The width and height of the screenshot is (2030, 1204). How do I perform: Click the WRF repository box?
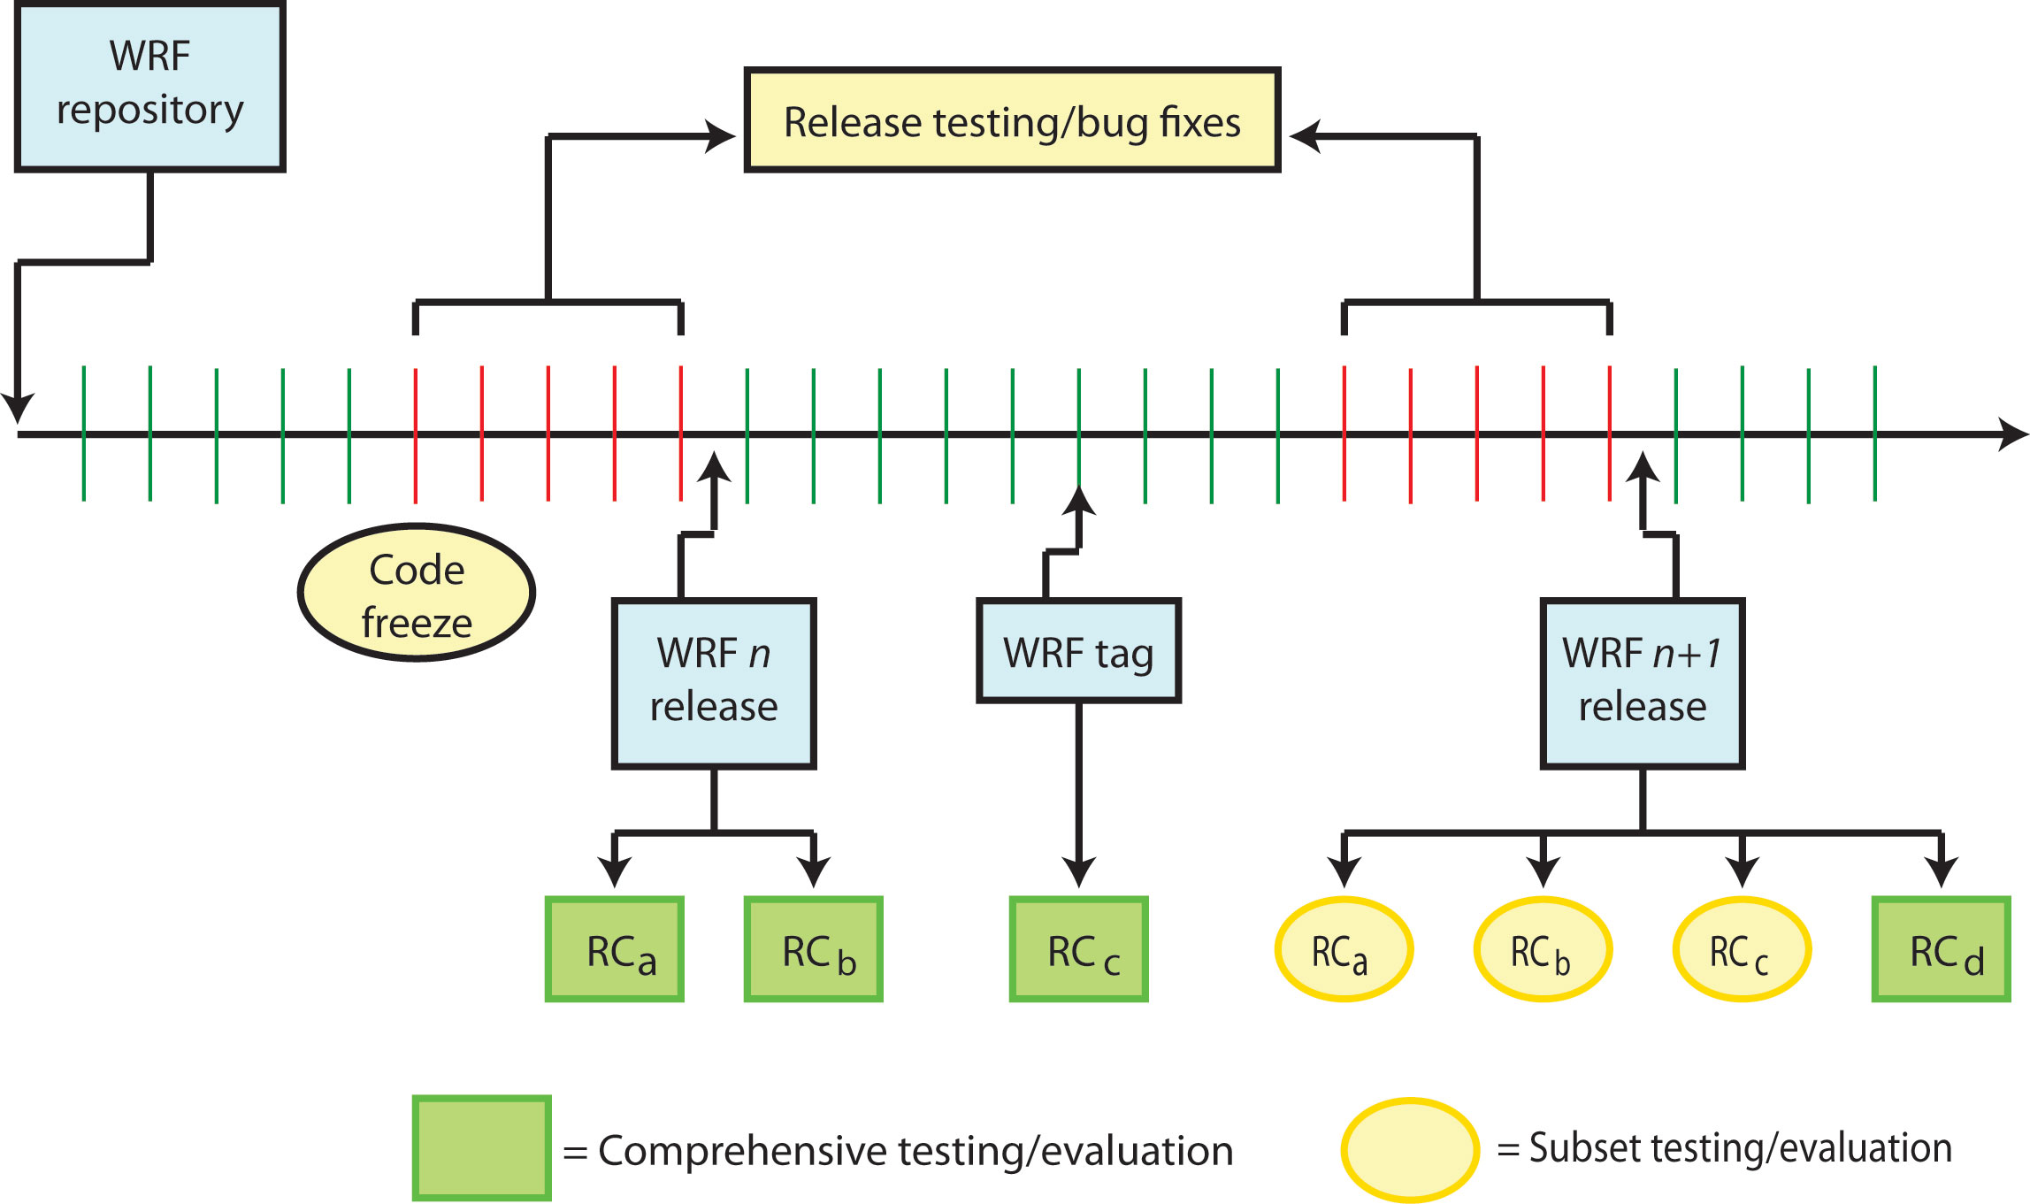(149, 86)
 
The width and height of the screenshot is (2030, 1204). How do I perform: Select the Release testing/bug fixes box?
(1012, 120)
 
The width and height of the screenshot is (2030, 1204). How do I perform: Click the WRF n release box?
(714, 683)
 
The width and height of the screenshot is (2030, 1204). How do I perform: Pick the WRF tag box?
(1078, 651)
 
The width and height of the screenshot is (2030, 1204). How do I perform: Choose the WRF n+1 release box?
(1642, 683)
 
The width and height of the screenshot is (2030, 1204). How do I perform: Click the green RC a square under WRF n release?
(615, 949)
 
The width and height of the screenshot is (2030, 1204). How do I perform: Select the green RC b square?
(814, 949)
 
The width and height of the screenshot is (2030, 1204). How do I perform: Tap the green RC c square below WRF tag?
(1079, 949)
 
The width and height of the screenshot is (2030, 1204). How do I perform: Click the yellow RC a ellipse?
(1344, 949)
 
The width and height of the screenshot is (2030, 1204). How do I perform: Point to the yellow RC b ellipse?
(1543, 949)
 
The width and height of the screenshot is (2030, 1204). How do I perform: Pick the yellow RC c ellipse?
(1742, 949)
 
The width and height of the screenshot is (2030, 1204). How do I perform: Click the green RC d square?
(1941, 949)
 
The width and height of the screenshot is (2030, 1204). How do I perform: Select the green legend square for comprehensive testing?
(482, 1147)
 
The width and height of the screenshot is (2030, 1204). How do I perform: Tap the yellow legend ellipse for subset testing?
(1410, 1149)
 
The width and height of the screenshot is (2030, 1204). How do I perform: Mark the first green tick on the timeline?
(84, 433)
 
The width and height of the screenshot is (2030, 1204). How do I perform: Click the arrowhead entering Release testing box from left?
(721, 136)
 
